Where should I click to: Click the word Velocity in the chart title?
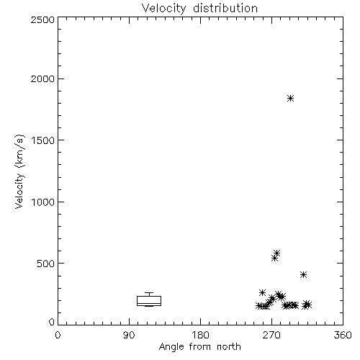click(163, 9)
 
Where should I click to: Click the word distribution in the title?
click(225, 8)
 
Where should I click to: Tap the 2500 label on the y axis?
click(42, 19)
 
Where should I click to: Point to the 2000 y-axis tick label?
click(42, 78)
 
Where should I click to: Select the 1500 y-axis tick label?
click(43, 140)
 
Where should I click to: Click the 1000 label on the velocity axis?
click(43, 202)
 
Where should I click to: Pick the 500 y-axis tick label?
click(46, 264)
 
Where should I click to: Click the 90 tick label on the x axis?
click(129, 335)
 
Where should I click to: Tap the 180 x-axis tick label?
click(200, 335)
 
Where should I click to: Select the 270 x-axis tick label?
click(271, 335)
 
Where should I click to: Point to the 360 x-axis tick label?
click(343, 335)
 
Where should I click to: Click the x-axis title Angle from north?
click(200, 347)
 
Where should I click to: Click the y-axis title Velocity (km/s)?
click(19, 171)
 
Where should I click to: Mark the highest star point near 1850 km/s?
click(290, 98)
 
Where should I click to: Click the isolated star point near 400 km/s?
click(304, 275)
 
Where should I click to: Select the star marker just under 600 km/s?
click(277, 253)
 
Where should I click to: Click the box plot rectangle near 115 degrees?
click(149, 301)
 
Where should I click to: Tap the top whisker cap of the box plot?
click(149, 292)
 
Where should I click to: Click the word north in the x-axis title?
click(229, 347)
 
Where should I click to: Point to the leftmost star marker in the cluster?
click(259, 306)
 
